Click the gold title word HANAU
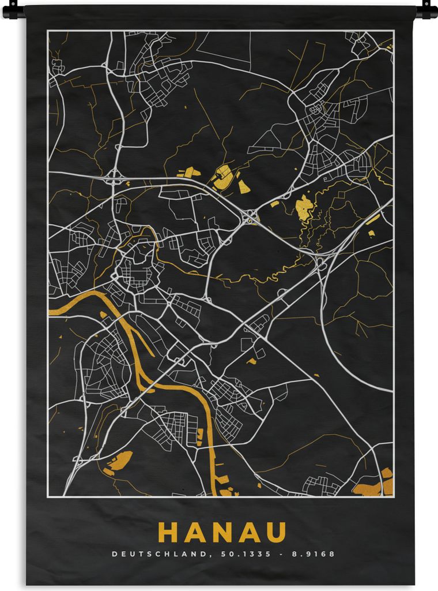click(x=222, y=532)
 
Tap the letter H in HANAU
click(x=168, y=532)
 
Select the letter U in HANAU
click(x=276, y=532)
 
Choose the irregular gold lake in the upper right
click(x=304, y=207)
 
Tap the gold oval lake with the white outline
click(x=224, y=175)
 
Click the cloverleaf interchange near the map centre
click(x=250, y=216)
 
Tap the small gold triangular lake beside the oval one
click(x=244, y=186)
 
